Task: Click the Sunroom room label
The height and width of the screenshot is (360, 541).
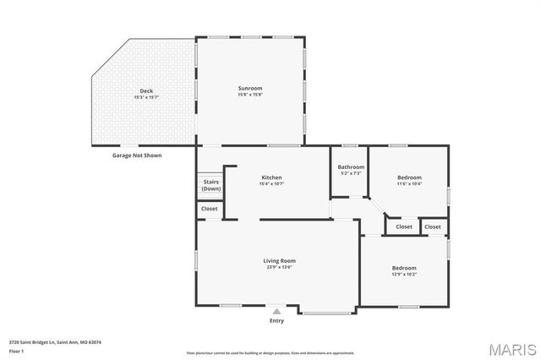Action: pos(249,88)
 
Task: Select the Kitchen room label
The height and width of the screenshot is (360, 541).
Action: pos(271,177)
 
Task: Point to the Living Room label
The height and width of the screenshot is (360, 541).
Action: pos(279,261)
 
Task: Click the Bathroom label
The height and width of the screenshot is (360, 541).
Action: pos(351,166)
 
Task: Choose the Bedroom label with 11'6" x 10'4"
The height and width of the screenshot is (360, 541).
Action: pos(409,177)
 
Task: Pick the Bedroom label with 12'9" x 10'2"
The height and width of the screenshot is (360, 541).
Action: pos(404,268)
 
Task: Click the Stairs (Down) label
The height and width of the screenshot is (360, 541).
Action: pos(210,185)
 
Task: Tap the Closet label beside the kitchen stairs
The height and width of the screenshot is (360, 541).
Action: pos(210,209)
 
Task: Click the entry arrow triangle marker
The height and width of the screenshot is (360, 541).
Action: pos(276,311)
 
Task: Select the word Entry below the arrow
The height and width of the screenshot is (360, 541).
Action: pos(276,321)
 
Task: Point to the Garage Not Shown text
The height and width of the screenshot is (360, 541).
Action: pos(137,155)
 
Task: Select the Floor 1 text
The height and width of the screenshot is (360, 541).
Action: pos(17,350)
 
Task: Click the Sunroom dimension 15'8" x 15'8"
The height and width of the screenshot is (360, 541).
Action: pos(249,95)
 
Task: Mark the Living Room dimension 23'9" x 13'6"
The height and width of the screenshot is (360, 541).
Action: pos(279,268)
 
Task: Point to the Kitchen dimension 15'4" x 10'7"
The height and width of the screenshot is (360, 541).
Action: pos(271,183)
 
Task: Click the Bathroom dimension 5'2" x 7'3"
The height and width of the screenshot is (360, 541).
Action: pos(351,173)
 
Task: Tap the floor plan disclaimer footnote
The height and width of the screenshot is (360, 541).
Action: pos(270,353)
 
